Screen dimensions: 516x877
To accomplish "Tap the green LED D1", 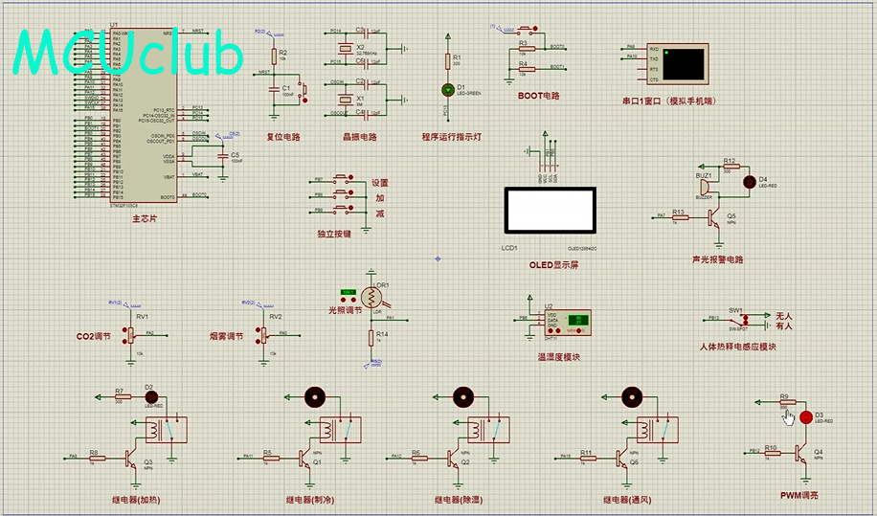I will click(x=447, y=89).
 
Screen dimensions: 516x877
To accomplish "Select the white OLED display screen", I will click(x=550, y=209).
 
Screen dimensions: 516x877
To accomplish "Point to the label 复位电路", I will click(x=282, y=137).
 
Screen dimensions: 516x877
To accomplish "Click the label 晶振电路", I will click(x=360, y=137).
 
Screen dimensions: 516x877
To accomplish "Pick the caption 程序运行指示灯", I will click(x=451, y=137).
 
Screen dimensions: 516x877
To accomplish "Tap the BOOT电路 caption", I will click(x=538, y=96).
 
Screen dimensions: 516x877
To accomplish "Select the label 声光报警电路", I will click(x=717, y=259).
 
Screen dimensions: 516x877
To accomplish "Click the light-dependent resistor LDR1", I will click(x=371, y=297).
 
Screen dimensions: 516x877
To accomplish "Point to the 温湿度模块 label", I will click(x=558, y=357).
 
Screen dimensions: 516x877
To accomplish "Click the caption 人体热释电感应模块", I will click(x=738, y=346).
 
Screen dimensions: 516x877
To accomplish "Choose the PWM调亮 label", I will click(x=799, y=496).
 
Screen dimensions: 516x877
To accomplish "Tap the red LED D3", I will click(x=805, y=417).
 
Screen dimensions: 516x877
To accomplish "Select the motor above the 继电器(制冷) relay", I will click(x=315, y=396).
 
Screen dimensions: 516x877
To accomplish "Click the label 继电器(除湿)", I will click(x=461, y=500).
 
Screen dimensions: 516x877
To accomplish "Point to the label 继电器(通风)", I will click(x=629, y=500).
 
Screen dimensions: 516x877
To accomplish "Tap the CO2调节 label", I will click(x=93, y=337).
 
